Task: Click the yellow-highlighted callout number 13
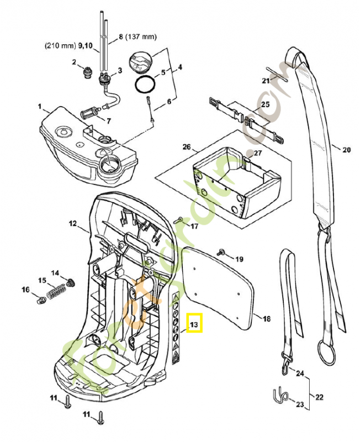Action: click(194, 324)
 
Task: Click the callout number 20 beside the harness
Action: click(346, 150)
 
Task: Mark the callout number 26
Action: click(186, 147)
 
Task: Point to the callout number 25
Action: click(265, 104)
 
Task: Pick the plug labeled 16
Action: click(40, 299)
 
